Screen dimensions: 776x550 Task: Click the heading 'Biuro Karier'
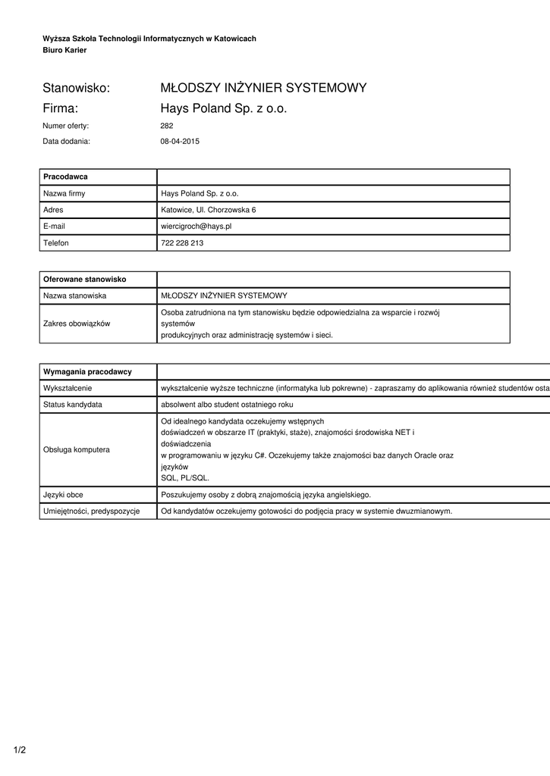click(64, 50)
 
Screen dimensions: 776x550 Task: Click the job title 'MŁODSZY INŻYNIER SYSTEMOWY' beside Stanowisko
click(263, 88)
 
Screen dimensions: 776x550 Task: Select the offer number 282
click(167, 126)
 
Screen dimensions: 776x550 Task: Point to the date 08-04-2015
click(180, 141)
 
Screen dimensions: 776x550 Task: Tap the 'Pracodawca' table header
click(65, 177)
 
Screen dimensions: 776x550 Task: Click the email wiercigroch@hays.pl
click(196, 226)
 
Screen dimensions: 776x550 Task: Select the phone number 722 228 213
click(182, 243)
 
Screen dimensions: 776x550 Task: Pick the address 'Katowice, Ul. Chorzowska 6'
click(208, 210)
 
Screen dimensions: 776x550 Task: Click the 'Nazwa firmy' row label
click(64, 193)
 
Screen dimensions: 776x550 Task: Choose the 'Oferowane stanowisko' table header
click(84, 280)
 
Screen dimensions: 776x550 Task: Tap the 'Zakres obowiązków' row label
click(77, 324)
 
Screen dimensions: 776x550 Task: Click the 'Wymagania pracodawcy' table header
click(87, 371)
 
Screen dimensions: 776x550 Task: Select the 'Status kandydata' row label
click(73, 405)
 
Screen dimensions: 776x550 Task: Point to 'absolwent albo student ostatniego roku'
click(227, 405)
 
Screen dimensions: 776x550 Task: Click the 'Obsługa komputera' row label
click(77, 449)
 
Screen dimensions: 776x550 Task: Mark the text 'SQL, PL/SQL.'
click(184, 478)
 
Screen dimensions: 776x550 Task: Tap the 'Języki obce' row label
click(63, 495)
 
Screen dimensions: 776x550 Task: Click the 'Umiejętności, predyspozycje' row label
click(92, 512)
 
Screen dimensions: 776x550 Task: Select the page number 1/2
click(20, 750)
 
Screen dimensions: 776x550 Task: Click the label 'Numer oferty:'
click(66, 126)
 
